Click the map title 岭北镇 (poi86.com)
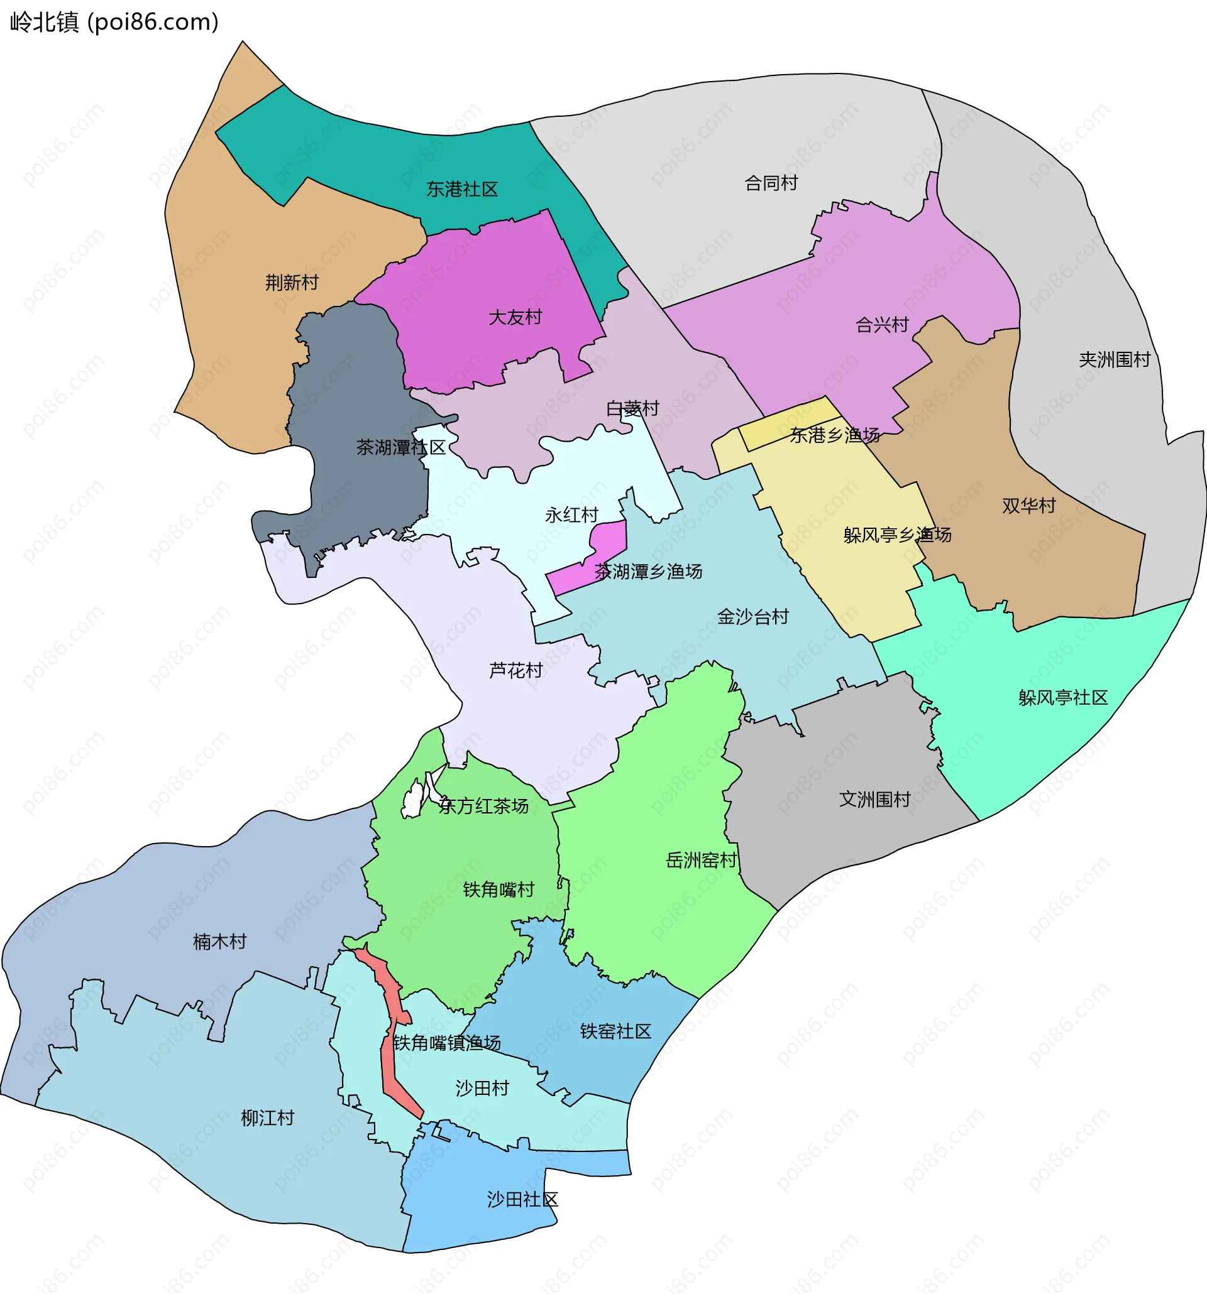point(114,22)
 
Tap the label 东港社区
point(462,190)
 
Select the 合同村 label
point(771,183)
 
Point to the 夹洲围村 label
point(1115,359)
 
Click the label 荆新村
point(292,283)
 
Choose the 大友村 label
point(515,317)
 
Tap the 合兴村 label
point(882,324)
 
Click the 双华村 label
point(1028,506)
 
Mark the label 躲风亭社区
point(1063,698)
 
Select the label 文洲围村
point(874,799)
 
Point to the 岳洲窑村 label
point(702,861)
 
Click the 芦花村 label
point(516,670)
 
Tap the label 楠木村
point(219,941)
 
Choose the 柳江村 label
point(268,1118)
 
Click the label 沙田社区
point(522,1200)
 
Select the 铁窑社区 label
point(615,1031)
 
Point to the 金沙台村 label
point(753,616)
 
